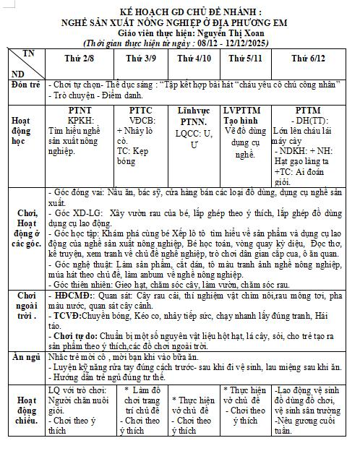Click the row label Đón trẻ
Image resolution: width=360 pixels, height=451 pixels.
point(25,85)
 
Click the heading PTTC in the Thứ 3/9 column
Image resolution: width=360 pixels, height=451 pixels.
point(140,111)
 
